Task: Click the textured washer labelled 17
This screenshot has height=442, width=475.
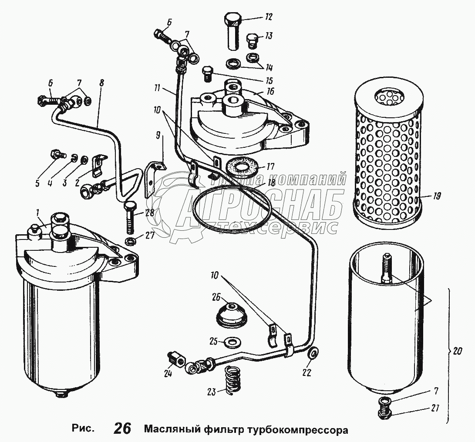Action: pyautogui.click(x=238, y=166)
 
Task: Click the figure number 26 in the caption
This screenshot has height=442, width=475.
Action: pyautogui.click(x=122, y=429)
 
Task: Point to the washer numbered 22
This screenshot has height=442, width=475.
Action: pyautogui.click(x=312, y=355)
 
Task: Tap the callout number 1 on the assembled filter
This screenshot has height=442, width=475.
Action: pyautogui.click(x=38, y=212)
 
